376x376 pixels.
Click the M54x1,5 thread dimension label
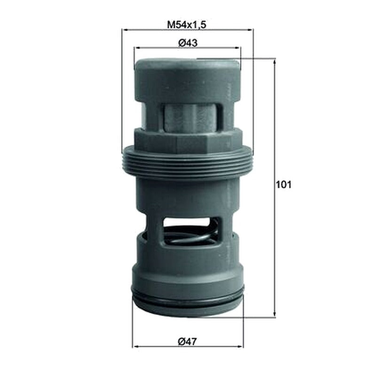click(x=187, y=25)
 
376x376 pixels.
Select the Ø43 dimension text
click(x=188, y=43)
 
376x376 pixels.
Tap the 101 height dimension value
click(x=284, y=185)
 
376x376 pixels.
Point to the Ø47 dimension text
click(x=187, y=342)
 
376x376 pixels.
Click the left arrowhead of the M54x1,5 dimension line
click(x=125, y=30)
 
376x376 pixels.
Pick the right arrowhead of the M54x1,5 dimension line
click(x=251, y=30)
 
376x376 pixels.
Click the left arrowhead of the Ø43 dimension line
click(x=137, y=48)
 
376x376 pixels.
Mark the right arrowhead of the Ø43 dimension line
click(x=238, y=48)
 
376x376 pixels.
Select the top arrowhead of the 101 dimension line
click(x=274, y=62)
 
